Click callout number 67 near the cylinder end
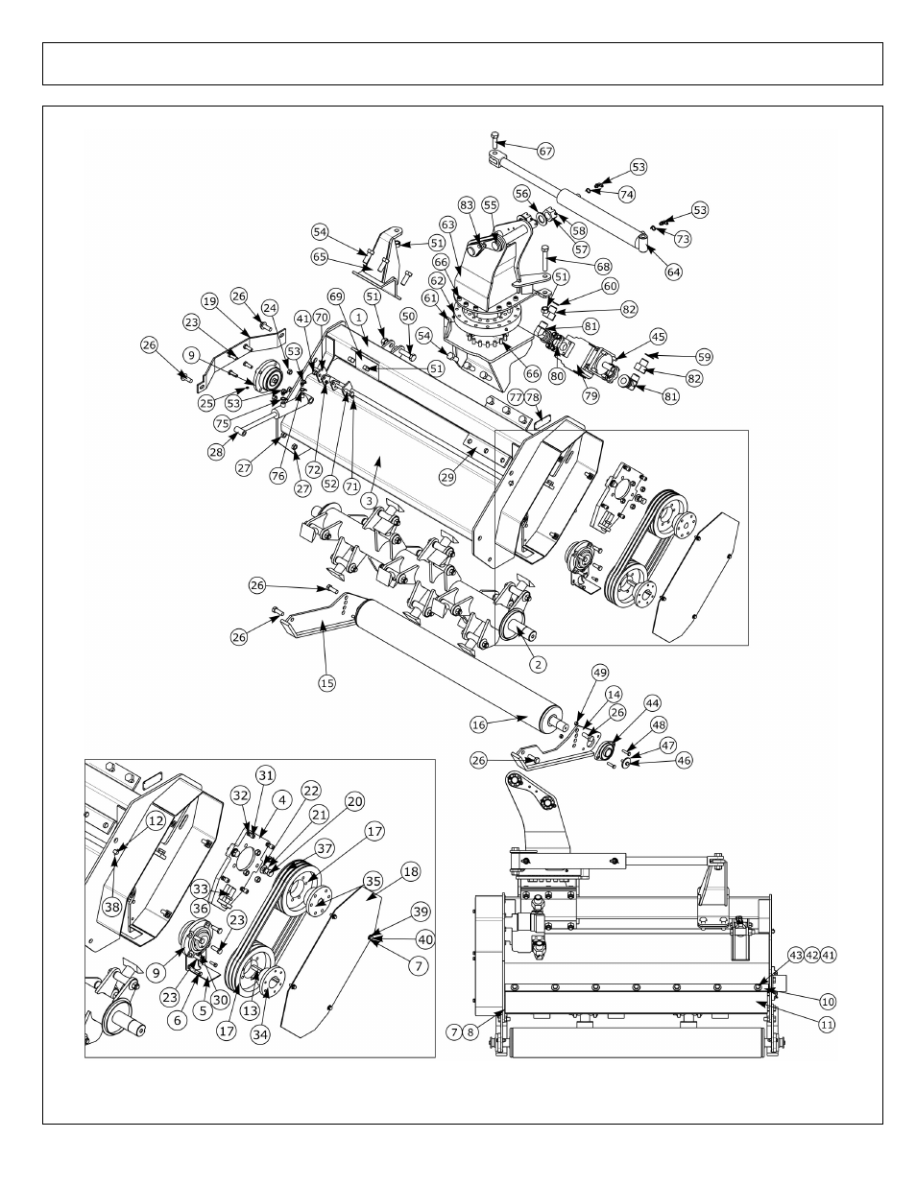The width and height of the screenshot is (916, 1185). pos(546,151)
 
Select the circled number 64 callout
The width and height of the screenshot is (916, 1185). pos(673,272)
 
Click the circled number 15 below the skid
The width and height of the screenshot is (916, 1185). pos(326,682)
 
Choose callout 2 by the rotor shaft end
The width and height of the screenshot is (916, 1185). pos(539,663)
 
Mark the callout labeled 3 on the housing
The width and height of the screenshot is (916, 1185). pos(367,500)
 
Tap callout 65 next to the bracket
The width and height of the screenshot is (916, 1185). pos(320,257)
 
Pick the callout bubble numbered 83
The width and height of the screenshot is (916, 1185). pos(467,205)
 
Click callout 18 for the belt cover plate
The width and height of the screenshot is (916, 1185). pos(410,872)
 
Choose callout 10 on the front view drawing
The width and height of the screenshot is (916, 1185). pos(828,1001)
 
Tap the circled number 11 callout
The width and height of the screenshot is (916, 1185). pos(828,1024)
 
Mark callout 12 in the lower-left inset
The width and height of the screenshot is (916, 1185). pos(155,820)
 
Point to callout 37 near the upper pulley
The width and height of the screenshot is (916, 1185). pos(324,847)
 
